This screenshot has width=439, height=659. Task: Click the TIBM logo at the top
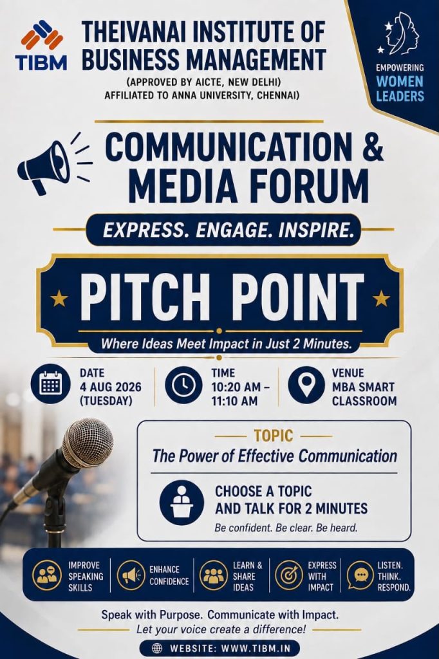pyautogui.click(x=41, y=46)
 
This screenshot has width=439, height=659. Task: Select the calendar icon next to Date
pyautogui.click(x=50, y=384)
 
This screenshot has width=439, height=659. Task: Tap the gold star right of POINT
pyautogui.click(x=381, y=298)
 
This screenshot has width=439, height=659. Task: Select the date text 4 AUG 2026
pyautogui.click(x=111, y=387)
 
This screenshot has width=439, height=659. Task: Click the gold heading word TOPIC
pyautogui.click(x=274, y=436)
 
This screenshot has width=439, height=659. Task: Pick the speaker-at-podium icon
pyautogui.click(x=182, y=503)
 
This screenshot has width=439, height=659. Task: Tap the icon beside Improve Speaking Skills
pyautogui.click(x=47, y=575)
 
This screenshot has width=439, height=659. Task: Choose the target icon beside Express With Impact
pyautogui.click(x=289, y=575)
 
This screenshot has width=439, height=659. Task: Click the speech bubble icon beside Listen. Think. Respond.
pyautogui.click(x=360, y=575)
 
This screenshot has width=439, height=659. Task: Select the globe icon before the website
pyautogui.click(x=157, y=648)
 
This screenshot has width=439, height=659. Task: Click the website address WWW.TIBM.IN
pyautogui.click(x=256, y=648)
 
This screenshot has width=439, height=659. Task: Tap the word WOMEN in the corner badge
pyautogui.click(x=400, y=81)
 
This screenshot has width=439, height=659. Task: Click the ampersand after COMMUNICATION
pyautogui.click(x=373, y=146)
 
